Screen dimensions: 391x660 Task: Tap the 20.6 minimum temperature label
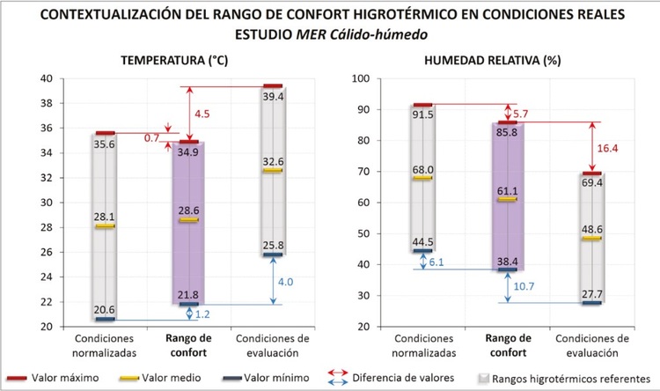106,309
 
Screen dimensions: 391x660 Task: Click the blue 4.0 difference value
261,283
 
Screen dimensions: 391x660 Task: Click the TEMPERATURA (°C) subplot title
183,60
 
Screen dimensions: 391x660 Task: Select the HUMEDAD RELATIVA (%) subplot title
504,60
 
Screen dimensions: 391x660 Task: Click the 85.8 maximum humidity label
508,133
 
